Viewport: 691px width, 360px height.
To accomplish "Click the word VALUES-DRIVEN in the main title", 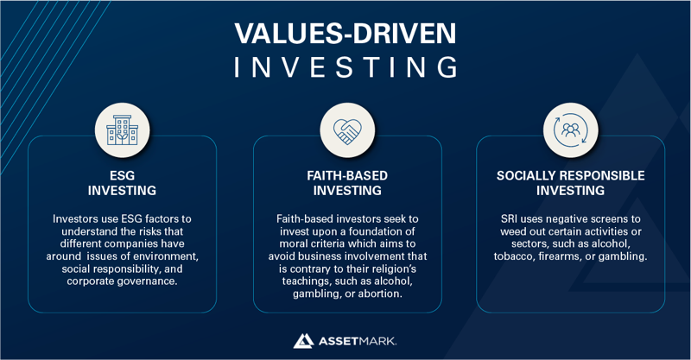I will tap(345, 33).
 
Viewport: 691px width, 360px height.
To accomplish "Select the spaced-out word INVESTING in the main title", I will tap(345, 67).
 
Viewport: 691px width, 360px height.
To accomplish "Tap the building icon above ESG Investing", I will tap(122, 130).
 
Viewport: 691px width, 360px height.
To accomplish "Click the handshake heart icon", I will tap(347, 130).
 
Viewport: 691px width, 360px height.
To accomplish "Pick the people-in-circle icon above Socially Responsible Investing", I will tap(570, 130).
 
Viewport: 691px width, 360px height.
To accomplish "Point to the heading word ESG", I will tap(122, 175).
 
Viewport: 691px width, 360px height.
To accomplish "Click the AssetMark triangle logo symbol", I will tap(302, 340).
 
